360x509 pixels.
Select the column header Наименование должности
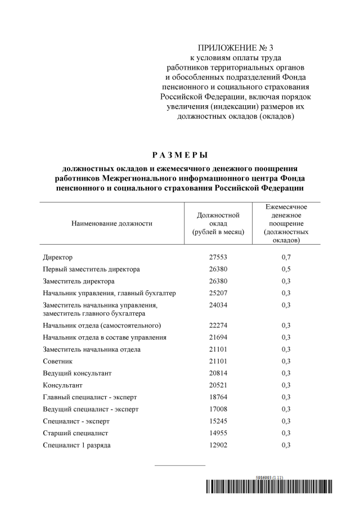[x=111, y=223]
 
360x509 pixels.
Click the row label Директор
[x=57, y=257]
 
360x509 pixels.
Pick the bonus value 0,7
[x=286, y=257]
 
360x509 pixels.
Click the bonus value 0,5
[x=286, y=269]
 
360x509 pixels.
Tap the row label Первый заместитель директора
[x=91, y=269]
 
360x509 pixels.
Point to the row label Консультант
[x=62, y=385]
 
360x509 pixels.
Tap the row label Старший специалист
[x=75, y=433]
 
